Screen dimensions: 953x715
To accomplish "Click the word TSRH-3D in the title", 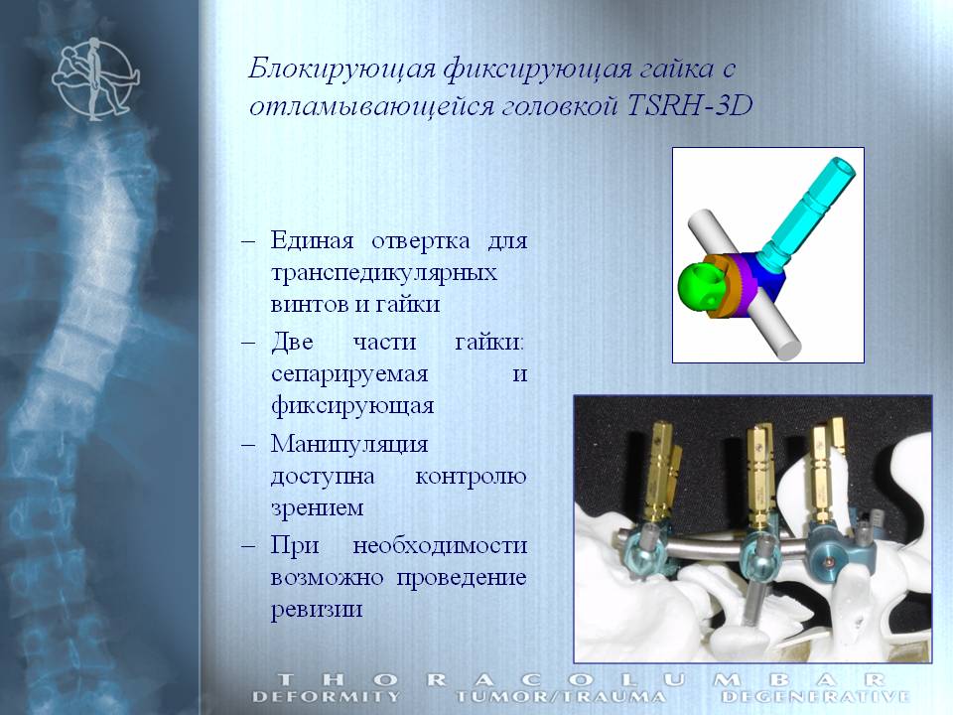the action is coord(689,104).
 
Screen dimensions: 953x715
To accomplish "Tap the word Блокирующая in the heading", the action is coord(341,69).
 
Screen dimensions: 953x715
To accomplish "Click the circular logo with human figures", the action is coord(95,78).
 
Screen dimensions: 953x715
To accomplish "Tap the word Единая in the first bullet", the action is coord(312,240).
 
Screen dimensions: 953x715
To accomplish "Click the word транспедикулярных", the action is coord(383,272).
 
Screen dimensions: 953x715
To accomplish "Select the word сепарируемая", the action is coord(349,374).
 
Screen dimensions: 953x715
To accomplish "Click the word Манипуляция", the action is coord(349,444).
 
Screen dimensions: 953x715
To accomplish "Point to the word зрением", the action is coord(318,507).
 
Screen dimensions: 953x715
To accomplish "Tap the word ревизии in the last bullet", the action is coord(317,609).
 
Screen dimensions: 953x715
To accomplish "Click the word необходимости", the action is coord(440,545).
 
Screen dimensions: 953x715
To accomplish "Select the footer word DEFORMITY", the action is coord(327,697).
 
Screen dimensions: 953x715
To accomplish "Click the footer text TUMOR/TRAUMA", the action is coord(560,697).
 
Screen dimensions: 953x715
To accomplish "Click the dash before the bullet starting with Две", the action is coord(248,343).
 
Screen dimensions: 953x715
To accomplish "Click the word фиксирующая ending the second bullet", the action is coord(352,406).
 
